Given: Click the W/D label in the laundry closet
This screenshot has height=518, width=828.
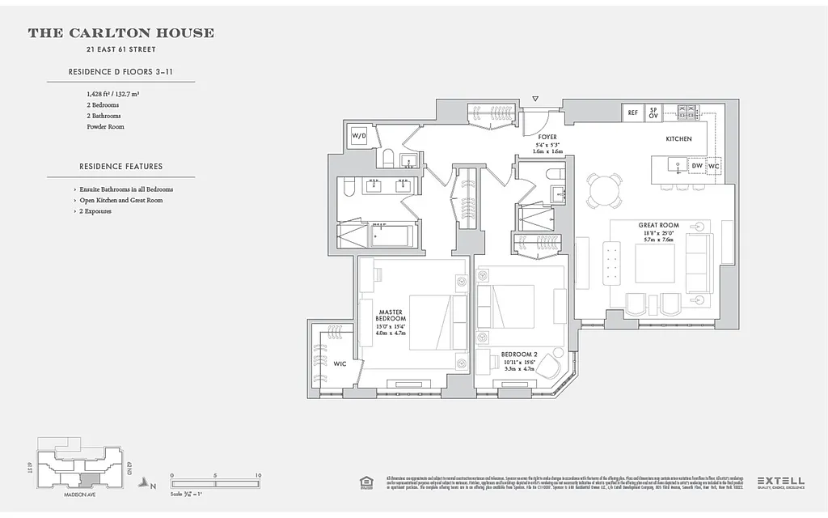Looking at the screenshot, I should point(358,136).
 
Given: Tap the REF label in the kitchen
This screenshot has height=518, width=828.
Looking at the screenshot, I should point(632,113).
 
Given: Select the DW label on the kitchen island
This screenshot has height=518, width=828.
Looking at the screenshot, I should point(697,166).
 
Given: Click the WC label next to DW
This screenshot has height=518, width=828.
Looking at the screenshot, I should point(713,166).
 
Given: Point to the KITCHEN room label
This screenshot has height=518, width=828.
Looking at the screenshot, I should point(678,139).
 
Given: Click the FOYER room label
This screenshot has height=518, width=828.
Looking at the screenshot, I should point(547,137).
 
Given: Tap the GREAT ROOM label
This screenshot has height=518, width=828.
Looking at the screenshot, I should point(657,225).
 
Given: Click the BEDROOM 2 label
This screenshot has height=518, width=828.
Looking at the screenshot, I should point(519,355).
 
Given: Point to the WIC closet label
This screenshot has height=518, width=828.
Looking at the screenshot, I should point(340,364).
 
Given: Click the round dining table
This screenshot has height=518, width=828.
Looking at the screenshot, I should point(605,190).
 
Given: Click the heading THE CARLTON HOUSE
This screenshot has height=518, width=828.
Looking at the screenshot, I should point(121,33).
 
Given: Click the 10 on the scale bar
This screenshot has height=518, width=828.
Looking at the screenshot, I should point(257,475).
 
